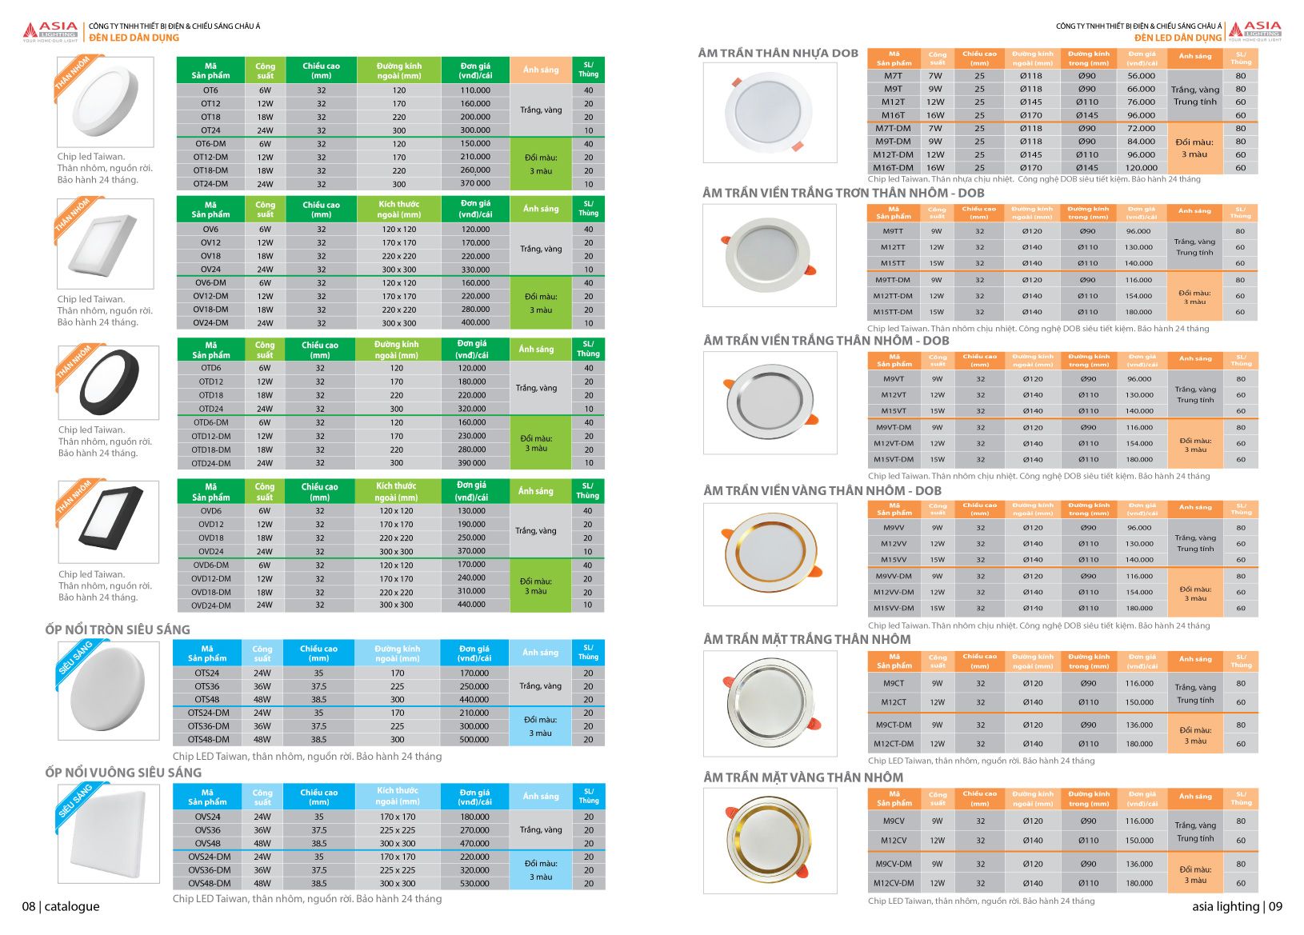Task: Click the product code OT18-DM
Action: pyautogui.click(x=210, y=170)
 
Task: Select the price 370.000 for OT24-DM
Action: pyautogui.click(x=475, y=184)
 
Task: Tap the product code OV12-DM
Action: pyautogui.click(x=210, y=296)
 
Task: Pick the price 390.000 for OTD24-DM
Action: pyautogui.click(x=472, y=463)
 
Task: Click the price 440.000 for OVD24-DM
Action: pyautogui.click(x=471, y=605)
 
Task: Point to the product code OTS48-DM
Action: pyautogui.click(x=208, y=740)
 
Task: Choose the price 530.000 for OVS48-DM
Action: pyautogui.click(x=474, y=884)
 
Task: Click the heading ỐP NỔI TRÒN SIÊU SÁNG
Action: pyautogui.click(x=118, y=629)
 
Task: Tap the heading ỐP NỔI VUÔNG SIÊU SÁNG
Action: pyautogui.click(x=123, y=773)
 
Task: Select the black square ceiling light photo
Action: pyautogui.click(x=110, y=520)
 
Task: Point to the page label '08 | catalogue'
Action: pyautogui.click(x=61, y=906)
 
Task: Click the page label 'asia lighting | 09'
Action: pyautogui.click(x=1237, y=906)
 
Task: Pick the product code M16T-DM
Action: pyautogui.click(x=893, y=168)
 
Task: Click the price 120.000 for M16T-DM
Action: pyautogui.click(x=1141, y=168)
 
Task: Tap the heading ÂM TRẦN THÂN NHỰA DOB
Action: pyautogui.click(x=778, y=54)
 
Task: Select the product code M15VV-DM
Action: pyautogui.click(x=894, y=608)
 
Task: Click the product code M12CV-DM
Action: pyautogui.click(x=894, y=883)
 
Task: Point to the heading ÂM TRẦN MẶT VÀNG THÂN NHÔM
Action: pyautogui.click(x=803, y=777)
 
